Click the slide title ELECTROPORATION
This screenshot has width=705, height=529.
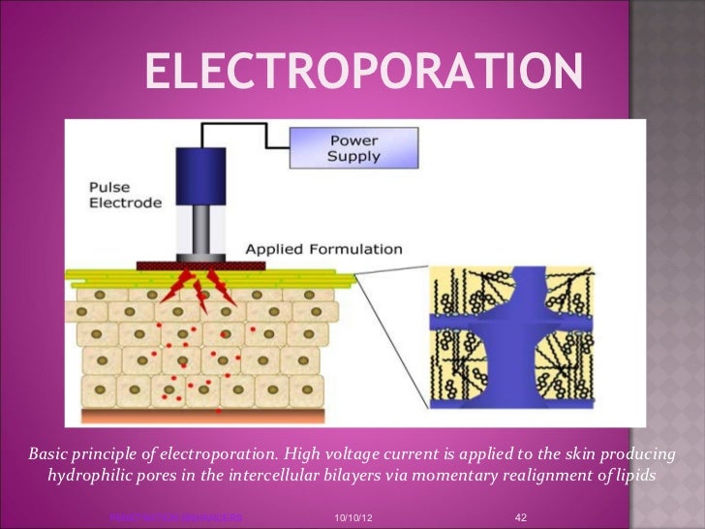pos(365,69)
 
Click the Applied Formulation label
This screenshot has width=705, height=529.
pos(322,249)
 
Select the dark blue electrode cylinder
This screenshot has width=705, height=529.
pos(201,174)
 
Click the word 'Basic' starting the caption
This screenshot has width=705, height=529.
pos(49,453)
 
